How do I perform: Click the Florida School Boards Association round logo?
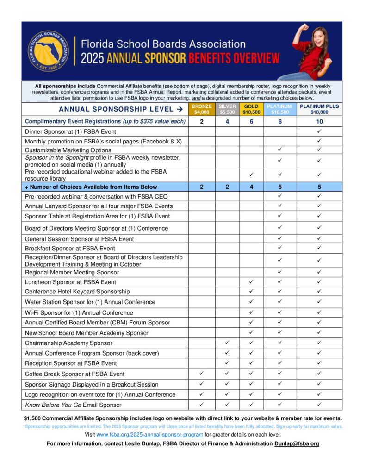pos(48,51)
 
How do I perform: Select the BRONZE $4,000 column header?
pos(202,109)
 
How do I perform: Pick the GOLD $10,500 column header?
pos(251,109)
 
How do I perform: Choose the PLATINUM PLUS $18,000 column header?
pos(319,109)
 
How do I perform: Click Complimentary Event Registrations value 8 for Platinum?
pos(279,122)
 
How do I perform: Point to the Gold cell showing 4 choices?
pos(251,187)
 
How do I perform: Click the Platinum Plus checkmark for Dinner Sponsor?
pos(319,131)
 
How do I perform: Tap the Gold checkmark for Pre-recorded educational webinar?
pos(251,175)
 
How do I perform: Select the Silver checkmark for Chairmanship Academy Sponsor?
pos(227,343)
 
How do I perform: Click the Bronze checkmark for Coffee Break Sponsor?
pos(202,374)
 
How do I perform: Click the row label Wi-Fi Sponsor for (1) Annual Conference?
pos(79,312)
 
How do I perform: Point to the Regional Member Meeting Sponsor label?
pos(72,272)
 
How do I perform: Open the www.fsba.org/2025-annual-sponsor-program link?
pos(149,434)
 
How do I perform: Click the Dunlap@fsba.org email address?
pos(297,443)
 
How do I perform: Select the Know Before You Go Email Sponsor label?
pos(73,405)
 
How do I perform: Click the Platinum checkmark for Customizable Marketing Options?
pos(279,150)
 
